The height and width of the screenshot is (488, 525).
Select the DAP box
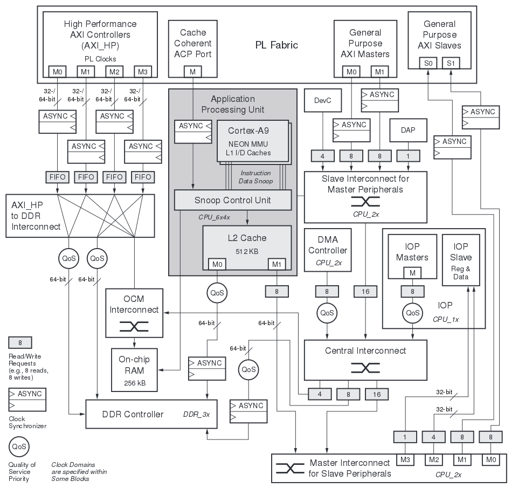tap(409, 130)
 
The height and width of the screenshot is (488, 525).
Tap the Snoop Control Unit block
tap(232, 200)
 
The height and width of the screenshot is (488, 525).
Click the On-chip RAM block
tap(134, 369)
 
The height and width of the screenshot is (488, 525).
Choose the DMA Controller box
tap(328, 250)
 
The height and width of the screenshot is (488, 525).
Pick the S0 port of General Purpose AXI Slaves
tap(428, 63)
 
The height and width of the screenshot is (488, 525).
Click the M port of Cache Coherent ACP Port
tap(193, 71)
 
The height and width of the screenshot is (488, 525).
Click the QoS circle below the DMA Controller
tap(327, 313)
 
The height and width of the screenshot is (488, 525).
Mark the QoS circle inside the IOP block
tap(412, 313)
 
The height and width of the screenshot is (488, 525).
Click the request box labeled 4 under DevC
tap(322, 156)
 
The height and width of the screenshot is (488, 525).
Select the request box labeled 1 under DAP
tap(409, 156)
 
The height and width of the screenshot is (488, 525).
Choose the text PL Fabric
tap(277, 45)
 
